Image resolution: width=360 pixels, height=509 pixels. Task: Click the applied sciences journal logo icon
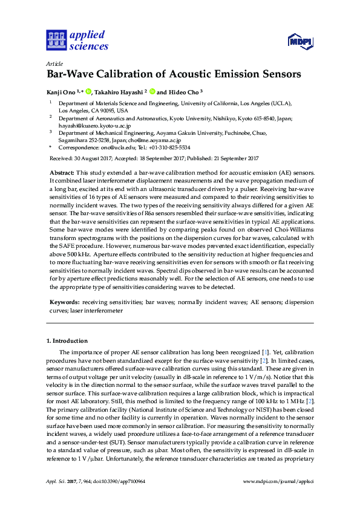pos(56,41)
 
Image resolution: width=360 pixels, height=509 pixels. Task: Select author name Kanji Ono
pos(62,92)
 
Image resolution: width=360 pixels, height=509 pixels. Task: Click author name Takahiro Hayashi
pos(118,92)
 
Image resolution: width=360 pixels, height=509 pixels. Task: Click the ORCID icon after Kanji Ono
pos(88,92)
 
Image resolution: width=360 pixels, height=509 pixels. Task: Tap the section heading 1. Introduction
pos(67,341)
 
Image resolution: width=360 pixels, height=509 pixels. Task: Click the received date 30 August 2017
pos(91,158)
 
